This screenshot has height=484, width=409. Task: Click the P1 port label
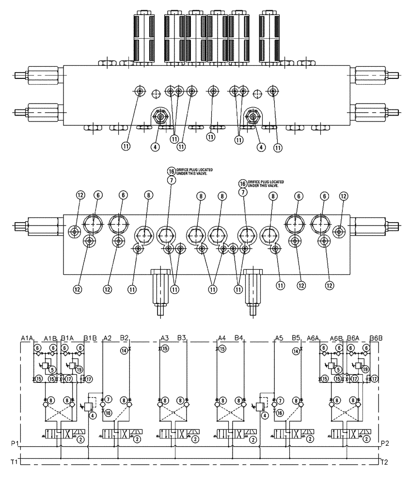point(15,443)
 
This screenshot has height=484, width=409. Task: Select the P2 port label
point(386,443)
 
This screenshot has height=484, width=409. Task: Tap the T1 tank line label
point(15,462)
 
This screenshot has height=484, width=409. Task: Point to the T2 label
point(386,462)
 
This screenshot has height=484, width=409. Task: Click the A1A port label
point(27,338)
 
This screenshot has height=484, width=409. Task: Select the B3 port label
point(182,338)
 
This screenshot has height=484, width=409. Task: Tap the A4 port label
point(222,338)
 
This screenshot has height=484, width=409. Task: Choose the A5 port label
point(279,338)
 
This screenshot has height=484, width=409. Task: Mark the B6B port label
point(376,338)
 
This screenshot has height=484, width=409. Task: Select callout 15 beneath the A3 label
point(165,348)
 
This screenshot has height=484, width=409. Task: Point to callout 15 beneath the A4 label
point(222,348)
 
